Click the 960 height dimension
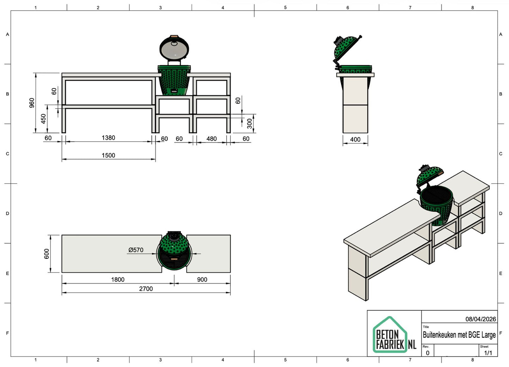pyautogui.click(x=32, y=103)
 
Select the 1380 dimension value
pyautogui.click(x=108, y=138)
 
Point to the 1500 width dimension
pyautogui.click(x=108, y=155)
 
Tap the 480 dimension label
pyautogui.click(x=211, y=139)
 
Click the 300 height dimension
pyautogui.click(x=249, y=124)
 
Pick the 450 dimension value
pyautogui.click(x=43, y=119)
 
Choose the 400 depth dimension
pyautogui.click(x=355, y=139)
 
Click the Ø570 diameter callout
pyautogui.click(x=136, y=250)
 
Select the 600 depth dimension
pyautogui.click(x=46, y=254)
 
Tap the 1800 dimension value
pyautogui.click(x=118, y=280)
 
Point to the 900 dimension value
pyautogui.click(x=202, y=280)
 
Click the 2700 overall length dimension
pyautogui.click(x=146, y=289)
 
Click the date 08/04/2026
pyautogui.click(x=480, y=319)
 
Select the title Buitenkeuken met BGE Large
pyautogui.click(x=459, y=335)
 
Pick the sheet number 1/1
pyautogui.click(x=488, y=353)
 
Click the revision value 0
pyautogui.click(x=428, y=353)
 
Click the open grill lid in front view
pyautogui.click(x=174, y=48)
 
